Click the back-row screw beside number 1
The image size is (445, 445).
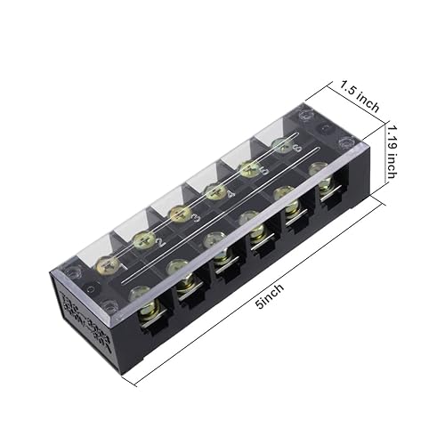[x=105, y=263]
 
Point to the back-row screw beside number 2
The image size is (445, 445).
[x=142, y=239]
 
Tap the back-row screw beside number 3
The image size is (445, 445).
[x=179, y=214]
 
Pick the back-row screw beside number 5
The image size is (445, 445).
[x=248, y=166]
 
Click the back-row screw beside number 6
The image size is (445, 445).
[x=283, y=144]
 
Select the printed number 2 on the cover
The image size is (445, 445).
[x=160, y=243]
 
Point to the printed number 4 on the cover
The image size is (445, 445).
[x=231, y=194]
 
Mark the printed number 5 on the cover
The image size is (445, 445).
[x=265, y=172]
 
